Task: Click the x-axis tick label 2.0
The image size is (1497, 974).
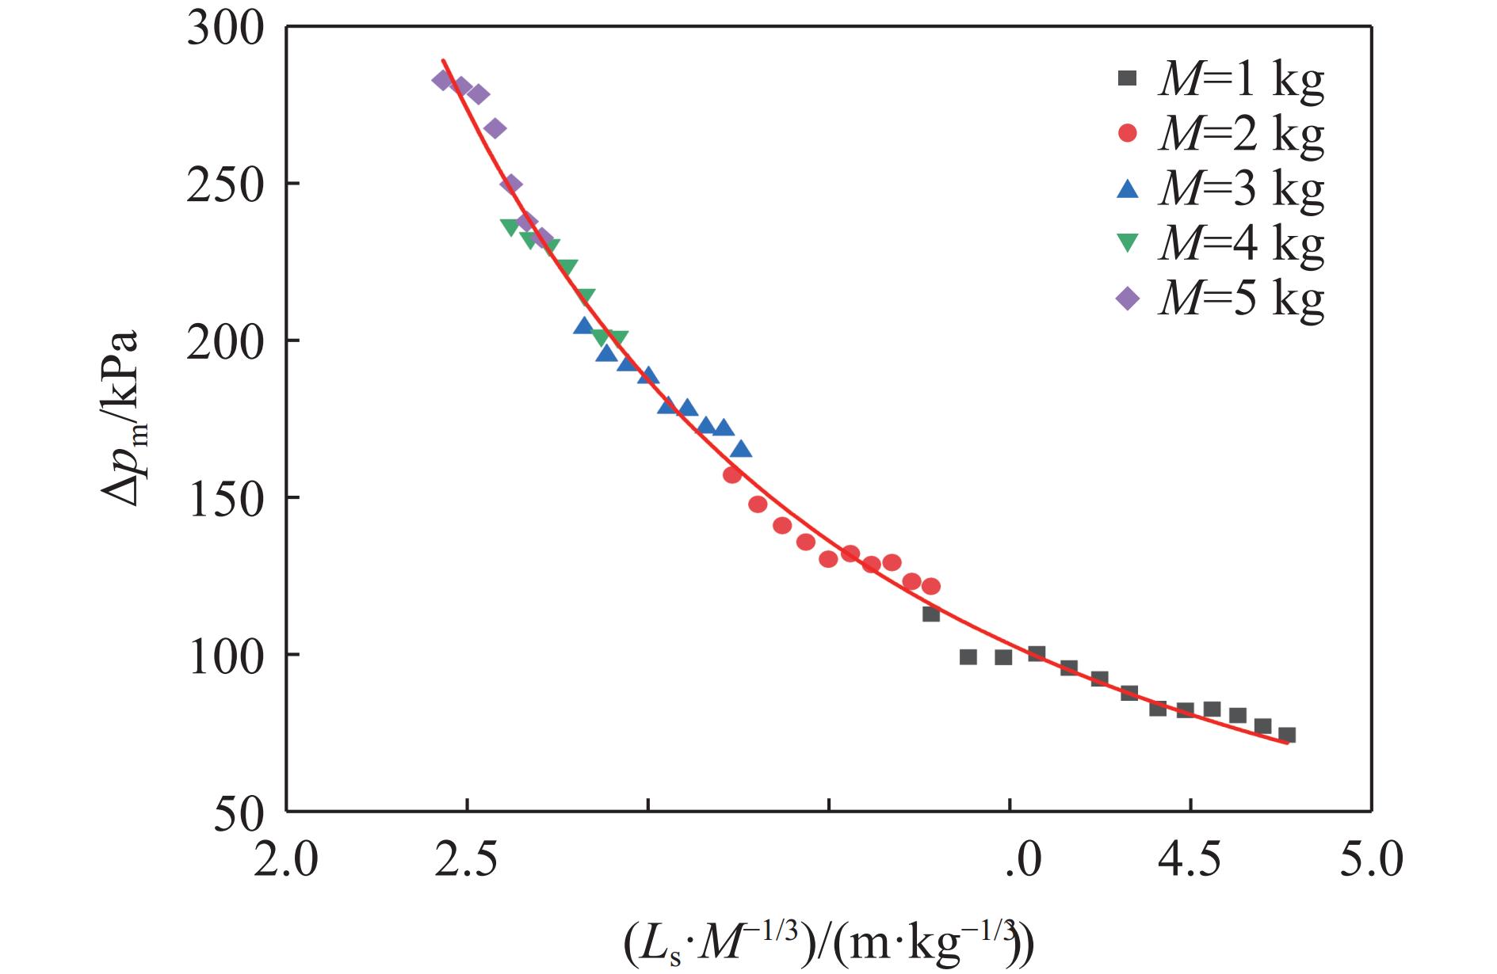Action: click(x=286, y=860)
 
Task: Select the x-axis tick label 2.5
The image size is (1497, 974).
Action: click(x=467, y=860)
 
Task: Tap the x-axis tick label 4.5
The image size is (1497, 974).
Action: click(x=1190, y=860)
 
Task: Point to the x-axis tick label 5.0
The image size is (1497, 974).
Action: click(x=1371, y=860)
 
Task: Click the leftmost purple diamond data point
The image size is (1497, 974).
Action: click(x=442, y=80)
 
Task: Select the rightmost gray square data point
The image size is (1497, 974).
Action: click(x=1287, y=735)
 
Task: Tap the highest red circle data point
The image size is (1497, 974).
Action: click(x=732, y=475)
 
